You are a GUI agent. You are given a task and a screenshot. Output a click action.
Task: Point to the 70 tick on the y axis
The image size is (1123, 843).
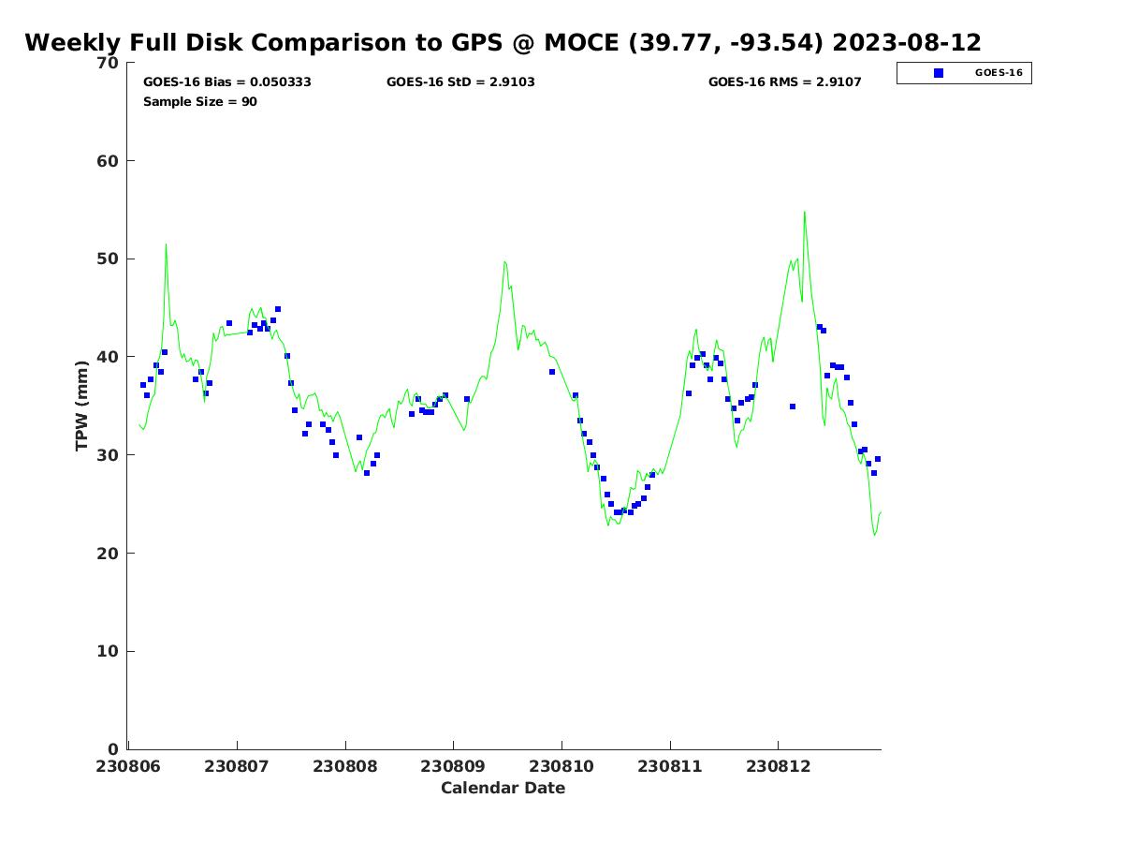click(x=109, y=63)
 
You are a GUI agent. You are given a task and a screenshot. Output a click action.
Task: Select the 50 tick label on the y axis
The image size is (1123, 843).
click(x=109, y=259)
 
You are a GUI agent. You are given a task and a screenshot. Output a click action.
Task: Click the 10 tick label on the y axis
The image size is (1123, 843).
click(x=109, y=652)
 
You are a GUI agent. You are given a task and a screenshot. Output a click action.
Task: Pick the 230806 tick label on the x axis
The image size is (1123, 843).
click(x=129, y=766)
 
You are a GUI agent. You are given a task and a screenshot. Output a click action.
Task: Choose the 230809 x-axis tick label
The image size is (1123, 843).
click(x=454, y=766)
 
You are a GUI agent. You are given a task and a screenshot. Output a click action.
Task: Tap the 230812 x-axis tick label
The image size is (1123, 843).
click(x=778, y=766)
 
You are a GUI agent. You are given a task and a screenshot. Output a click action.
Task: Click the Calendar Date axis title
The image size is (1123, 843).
click(x=503, y=789)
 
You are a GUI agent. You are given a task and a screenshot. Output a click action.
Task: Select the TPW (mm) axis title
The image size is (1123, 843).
click(x=82, y=406)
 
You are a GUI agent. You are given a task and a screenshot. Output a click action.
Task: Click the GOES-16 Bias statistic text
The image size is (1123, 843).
click(x=227, y=82)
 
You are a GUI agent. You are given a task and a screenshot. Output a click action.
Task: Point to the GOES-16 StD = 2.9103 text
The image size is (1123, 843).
click(x=460, y=82)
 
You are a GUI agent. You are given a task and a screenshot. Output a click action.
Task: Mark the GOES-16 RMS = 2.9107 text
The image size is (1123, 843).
click(x=784, y=82)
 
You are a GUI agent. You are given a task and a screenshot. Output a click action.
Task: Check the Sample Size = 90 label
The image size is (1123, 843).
click(x=200, y=102)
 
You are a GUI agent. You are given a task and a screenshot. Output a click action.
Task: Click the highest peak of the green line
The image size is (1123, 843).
click(x=804, y=213)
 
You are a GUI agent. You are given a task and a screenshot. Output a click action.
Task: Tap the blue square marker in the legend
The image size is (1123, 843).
click(x=939, y=73)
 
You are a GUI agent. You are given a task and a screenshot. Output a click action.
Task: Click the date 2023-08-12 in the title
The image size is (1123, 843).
click(x=906, y=43)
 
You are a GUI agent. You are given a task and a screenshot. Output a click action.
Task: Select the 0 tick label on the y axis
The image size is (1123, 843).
click(x=114, y=749)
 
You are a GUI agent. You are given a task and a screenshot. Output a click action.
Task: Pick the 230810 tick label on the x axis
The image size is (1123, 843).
click(x=561, y=766)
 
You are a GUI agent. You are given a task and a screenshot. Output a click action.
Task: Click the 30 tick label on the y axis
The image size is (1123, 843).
click(x=109, y=455)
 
